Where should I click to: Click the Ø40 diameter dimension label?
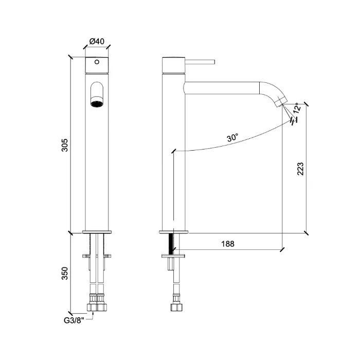click(x=97, y=41)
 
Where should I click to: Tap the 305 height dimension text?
click(x=65, y=145)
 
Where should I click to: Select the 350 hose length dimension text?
click(x=65, y=273)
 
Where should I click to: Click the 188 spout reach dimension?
click(x=228, y=244)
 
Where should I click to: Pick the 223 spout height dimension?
click(x=300, y=169)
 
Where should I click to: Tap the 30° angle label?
click(x=232, y=137)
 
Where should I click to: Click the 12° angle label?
click(x=297, y=108)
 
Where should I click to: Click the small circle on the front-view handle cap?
click(x=97, y=62)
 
